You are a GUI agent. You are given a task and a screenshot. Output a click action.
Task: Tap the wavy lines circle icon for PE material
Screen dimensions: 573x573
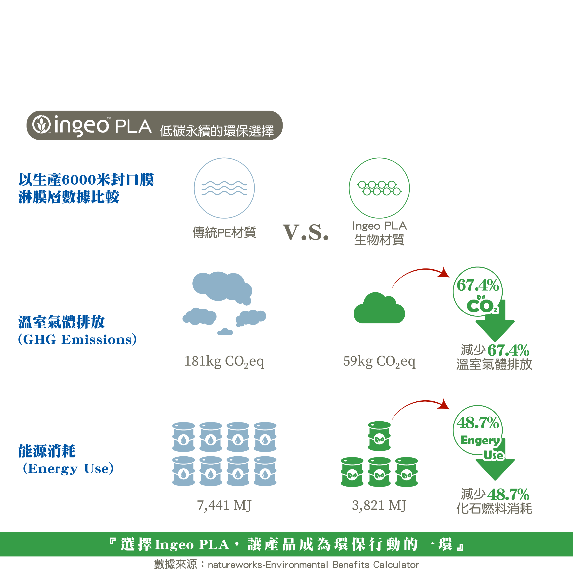click(x=224, y=188)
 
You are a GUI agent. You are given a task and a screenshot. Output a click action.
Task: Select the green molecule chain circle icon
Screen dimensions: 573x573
click(x=379, y=188)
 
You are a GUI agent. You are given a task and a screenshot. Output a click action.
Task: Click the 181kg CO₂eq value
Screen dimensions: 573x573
click(x=224, y=361)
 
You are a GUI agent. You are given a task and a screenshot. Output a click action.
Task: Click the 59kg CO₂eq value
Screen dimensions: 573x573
click(x=379, y=361)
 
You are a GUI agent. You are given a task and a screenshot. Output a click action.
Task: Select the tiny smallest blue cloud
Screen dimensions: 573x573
click(x=225, y=332)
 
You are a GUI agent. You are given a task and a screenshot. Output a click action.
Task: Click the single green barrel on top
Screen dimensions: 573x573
click(x=379, y=436)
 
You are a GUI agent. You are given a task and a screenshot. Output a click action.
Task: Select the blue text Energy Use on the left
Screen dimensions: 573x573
click(x=68, y=469)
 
